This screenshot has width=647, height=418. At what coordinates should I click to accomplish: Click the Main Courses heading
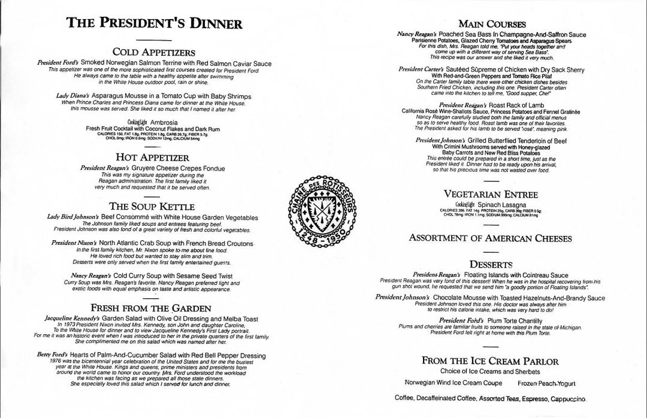492,25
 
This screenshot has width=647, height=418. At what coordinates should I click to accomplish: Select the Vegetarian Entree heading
491,194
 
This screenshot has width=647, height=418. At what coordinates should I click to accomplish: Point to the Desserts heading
491,263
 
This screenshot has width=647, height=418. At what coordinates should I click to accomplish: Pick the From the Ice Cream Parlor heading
491,361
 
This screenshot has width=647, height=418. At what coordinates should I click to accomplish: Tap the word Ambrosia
164,123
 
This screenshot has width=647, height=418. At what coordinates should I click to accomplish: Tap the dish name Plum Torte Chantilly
513,321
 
